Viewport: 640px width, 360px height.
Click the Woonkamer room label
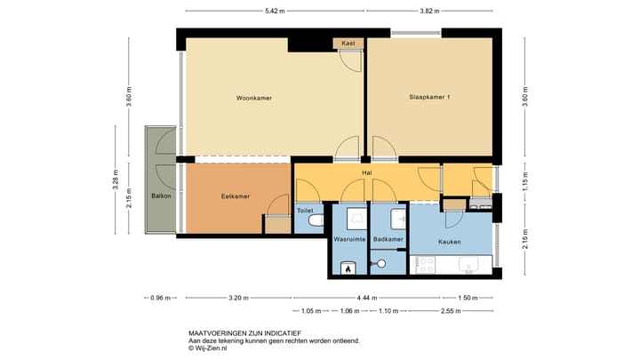pos(253,97)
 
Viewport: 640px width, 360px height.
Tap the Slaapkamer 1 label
pos(428,97)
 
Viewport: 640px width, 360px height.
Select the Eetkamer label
pos(235,196)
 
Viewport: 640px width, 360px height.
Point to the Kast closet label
pos(348,43)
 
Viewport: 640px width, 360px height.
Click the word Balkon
pos(161,196)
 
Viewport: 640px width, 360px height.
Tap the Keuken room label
pos(450,242)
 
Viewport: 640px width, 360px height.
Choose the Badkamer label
pos(388,240)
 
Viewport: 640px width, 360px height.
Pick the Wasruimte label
pos(349,240)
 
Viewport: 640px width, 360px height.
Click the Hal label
pos(366,172)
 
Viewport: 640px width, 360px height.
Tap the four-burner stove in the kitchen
pos(425,264)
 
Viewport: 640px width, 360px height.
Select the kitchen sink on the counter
pos(468,264)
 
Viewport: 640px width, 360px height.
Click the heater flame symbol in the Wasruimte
pos(348,267)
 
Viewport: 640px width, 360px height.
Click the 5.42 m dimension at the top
pos(276,11)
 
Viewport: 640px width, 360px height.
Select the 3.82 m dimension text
pos(430,11)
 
